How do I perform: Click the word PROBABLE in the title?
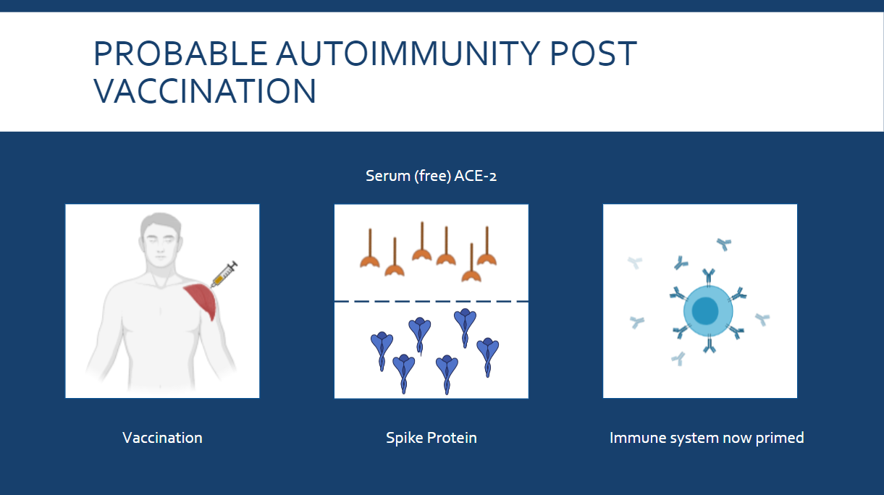181,54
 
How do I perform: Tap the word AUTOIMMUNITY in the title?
408,54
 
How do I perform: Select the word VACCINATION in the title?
205,91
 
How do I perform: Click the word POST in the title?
593,54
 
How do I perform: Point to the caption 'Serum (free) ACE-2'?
431,176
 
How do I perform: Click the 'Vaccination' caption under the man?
162,438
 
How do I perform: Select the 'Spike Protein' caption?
432,438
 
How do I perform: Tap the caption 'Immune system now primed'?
707,438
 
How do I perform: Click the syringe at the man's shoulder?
224,274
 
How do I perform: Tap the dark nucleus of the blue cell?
705,310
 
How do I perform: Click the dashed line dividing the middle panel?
432,301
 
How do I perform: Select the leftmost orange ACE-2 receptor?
370,248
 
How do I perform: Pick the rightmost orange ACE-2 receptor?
487,246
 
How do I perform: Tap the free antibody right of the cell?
762,319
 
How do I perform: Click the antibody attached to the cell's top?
708,277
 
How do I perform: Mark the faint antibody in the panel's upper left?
636,262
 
